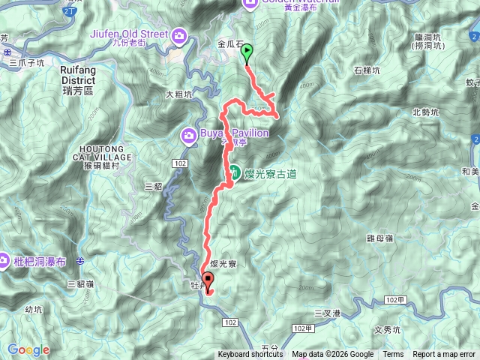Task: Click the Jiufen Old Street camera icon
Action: (180, 34)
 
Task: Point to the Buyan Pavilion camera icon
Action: (189, 134)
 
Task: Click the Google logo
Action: (28, 349)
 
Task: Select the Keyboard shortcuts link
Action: (250, 355)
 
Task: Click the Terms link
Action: (393, 355)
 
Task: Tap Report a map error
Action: (444, 355)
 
